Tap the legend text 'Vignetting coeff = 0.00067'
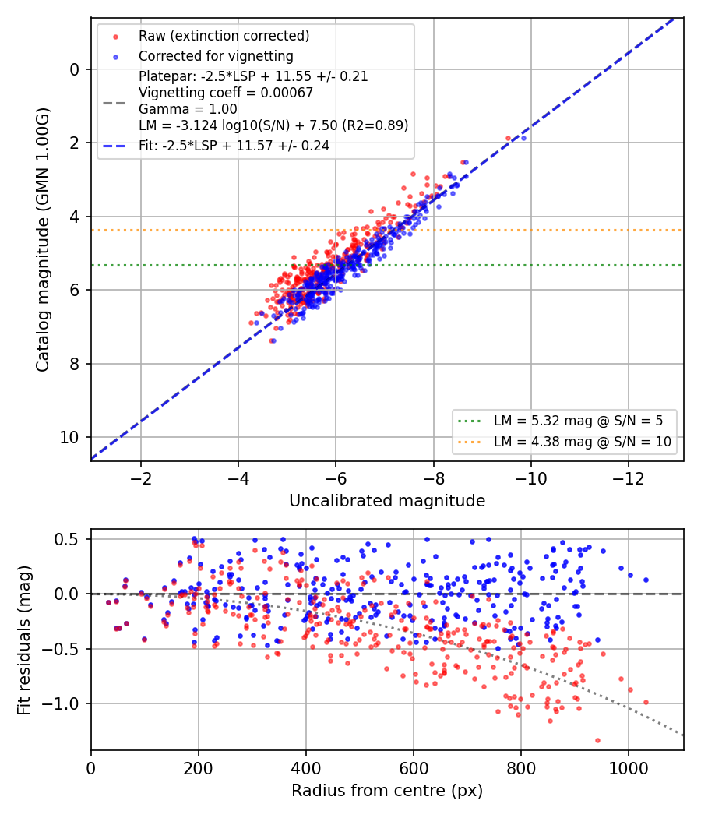(226, 93)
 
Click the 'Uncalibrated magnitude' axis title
(387, 501)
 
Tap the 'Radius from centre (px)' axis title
(387, 791)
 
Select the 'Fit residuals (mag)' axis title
(24, 640)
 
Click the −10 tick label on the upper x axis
(531, 478)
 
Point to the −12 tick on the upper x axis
(629, 478)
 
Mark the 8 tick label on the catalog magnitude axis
(75, 364)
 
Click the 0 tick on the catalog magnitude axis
(75, 69)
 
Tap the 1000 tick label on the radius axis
(629, 768)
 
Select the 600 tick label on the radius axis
(414, 768)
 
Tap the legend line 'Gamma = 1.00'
(188, 109)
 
